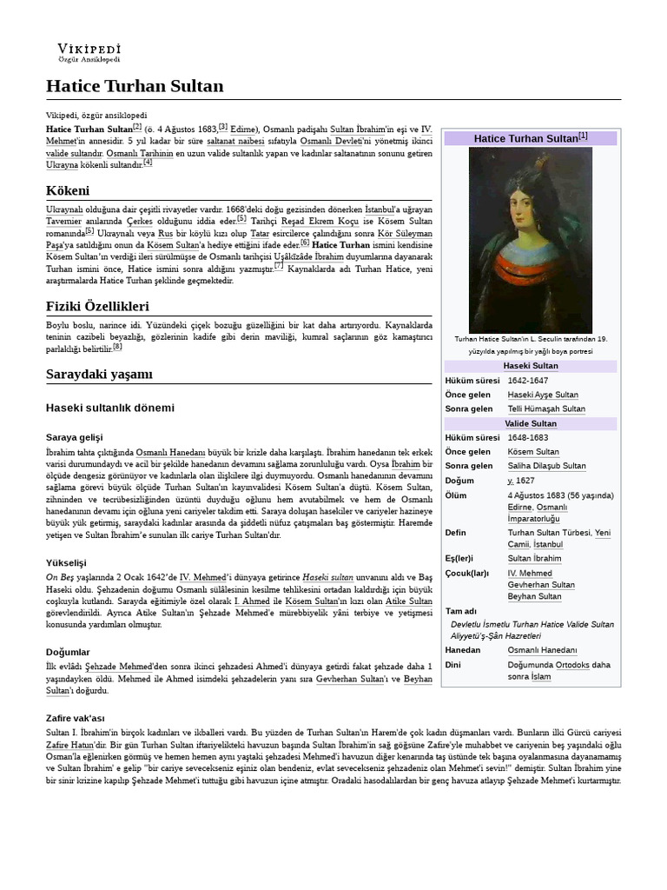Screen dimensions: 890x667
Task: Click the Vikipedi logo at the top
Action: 89,52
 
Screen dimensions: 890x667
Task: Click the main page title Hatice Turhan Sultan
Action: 135,85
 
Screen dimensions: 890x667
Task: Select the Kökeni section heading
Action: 68,190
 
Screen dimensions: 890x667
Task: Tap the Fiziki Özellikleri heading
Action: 97,306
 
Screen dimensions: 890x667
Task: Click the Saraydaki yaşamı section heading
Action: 99,374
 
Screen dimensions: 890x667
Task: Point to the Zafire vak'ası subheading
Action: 75,718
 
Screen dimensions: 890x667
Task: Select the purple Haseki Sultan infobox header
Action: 530,366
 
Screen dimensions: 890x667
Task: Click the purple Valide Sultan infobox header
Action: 530,423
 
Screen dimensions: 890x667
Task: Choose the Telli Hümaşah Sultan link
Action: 546,408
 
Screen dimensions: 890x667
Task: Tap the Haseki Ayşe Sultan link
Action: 543,395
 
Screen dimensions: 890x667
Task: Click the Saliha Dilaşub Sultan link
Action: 546,466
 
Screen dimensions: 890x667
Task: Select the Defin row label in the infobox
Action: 456,532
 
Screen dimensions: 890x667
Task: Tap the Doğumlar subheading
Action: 68,652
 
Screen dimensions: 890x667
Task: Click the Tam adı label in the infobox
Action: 460,611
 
